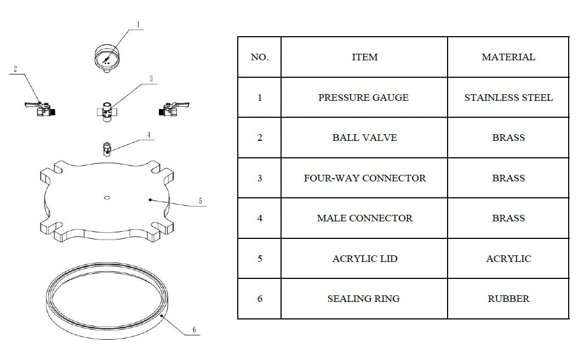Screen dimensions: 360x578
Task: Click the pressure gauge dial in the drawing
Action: [x=107, y=58]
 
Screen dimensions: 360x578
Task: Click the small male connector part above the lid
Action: [x=106, y=148]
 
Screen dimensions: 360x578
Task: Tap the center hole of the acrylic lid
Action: [x=107, y=196]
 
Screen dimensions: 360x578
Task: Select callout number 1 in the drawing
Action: [x=139, y=25]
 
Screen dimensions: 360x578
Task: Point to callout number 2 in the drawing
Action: [x=15, y=69]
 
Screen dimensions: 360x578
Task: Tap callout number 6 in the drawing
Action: [x=194, y=330]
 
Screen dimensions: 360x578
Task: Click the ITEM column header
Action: [x=364, y=57]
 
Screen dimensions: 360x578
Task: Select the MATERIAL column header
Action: [x=508, y=57]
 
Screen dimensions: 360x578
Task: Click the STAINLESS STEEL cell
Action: [x=508, y=98]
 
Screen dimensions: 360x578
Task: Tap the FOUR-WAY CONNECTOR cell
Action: [x=364, y=178]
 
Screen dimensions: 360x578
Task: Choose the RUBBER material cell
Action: [x=508, y=299]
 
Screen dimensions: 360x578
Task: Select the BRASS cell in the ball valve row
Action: [x=508, y=138]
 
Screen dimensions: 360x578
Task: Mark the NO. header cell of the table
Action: [x=259, y=57]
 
